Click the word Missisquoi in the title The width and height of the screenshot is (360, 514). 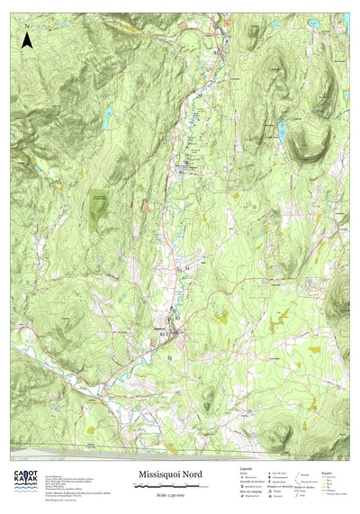click(x=161, y=474)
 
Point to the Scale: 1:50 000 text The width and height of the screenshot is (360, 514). click(x=169, y=492)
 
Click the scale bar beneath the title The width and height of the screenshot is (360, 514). click(x=169, y=484)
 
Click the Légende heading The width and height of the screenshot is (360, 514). click(x=246, y=469)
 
